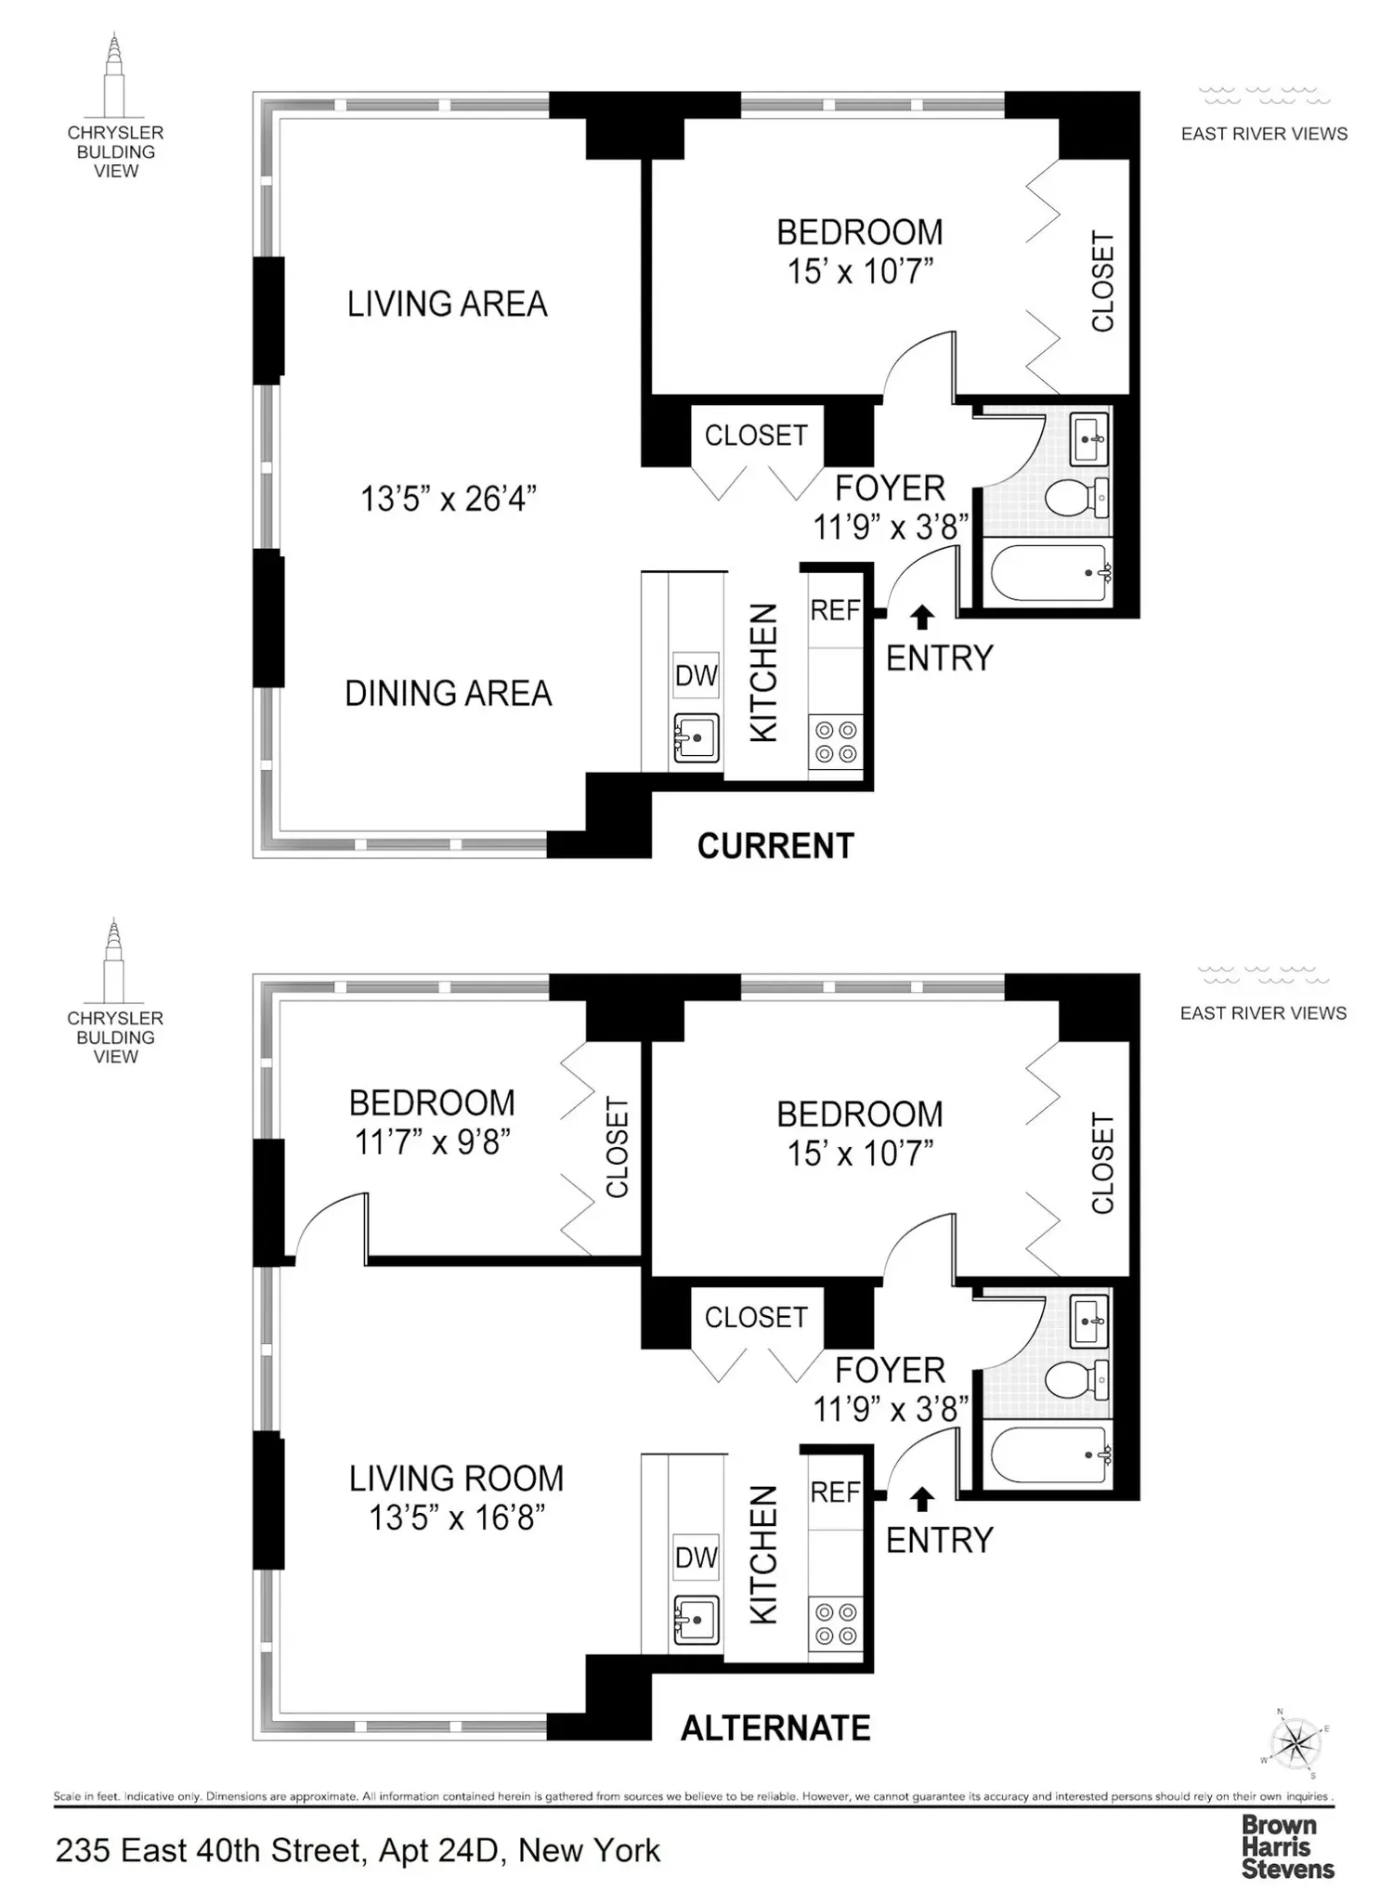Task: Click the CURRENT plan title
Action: (x=775, y=846)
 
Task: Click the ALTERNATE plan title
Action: (x=775, y=1727)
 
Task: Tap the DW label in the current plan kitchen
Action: (x=696, y=675)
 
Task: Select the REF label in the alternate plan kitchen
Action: (x=835, y=1492)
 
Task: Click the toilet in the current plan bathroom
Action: (x=1076, y=497)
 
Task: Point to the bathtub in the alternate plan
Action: (x=1049, y=1456)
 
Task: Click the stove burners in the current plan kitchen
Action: (x=835, y=741)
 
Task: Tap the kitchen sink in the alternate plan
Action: (x=696, y=1621)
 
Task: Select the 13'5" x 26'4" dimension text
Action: (x=449, y=499)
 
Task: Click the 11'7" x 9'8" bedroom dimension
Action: (x=432, y=1142)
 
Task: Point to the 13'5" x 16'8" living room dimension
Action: (x=456, y=1518)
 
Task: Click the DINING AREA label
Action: (x=449, y=694)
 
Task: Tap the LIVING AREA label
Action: (x=448, y=304)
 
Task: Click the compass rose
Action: (x=1295, y=1743)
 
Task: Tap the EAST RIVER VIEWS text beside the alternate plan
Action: (x=1263, y=1013)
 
